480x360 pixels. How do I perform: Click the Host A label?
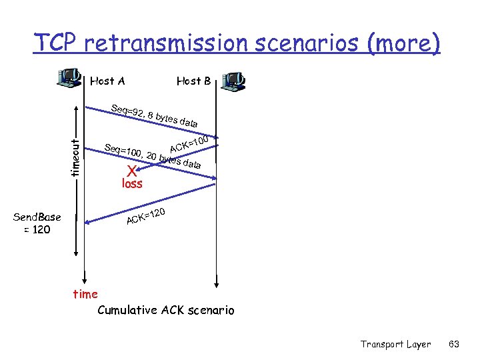[x=107, y=81]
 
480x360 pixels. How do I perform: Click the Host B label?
[x=193, y=81]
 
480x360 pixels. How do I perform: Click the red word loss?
[x=131, y=183]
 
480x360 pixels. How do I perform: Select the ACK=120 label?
[x=146, y=217]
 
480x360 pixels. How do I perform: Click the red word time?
[x=85, y=294]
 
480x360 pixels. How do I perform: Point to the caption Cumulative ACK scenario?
[x=166, y=310]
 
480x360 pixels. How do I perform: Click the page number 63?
[x=454, y=344]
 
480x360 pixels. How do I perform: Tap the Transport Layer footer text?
[x=395, y=344]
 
